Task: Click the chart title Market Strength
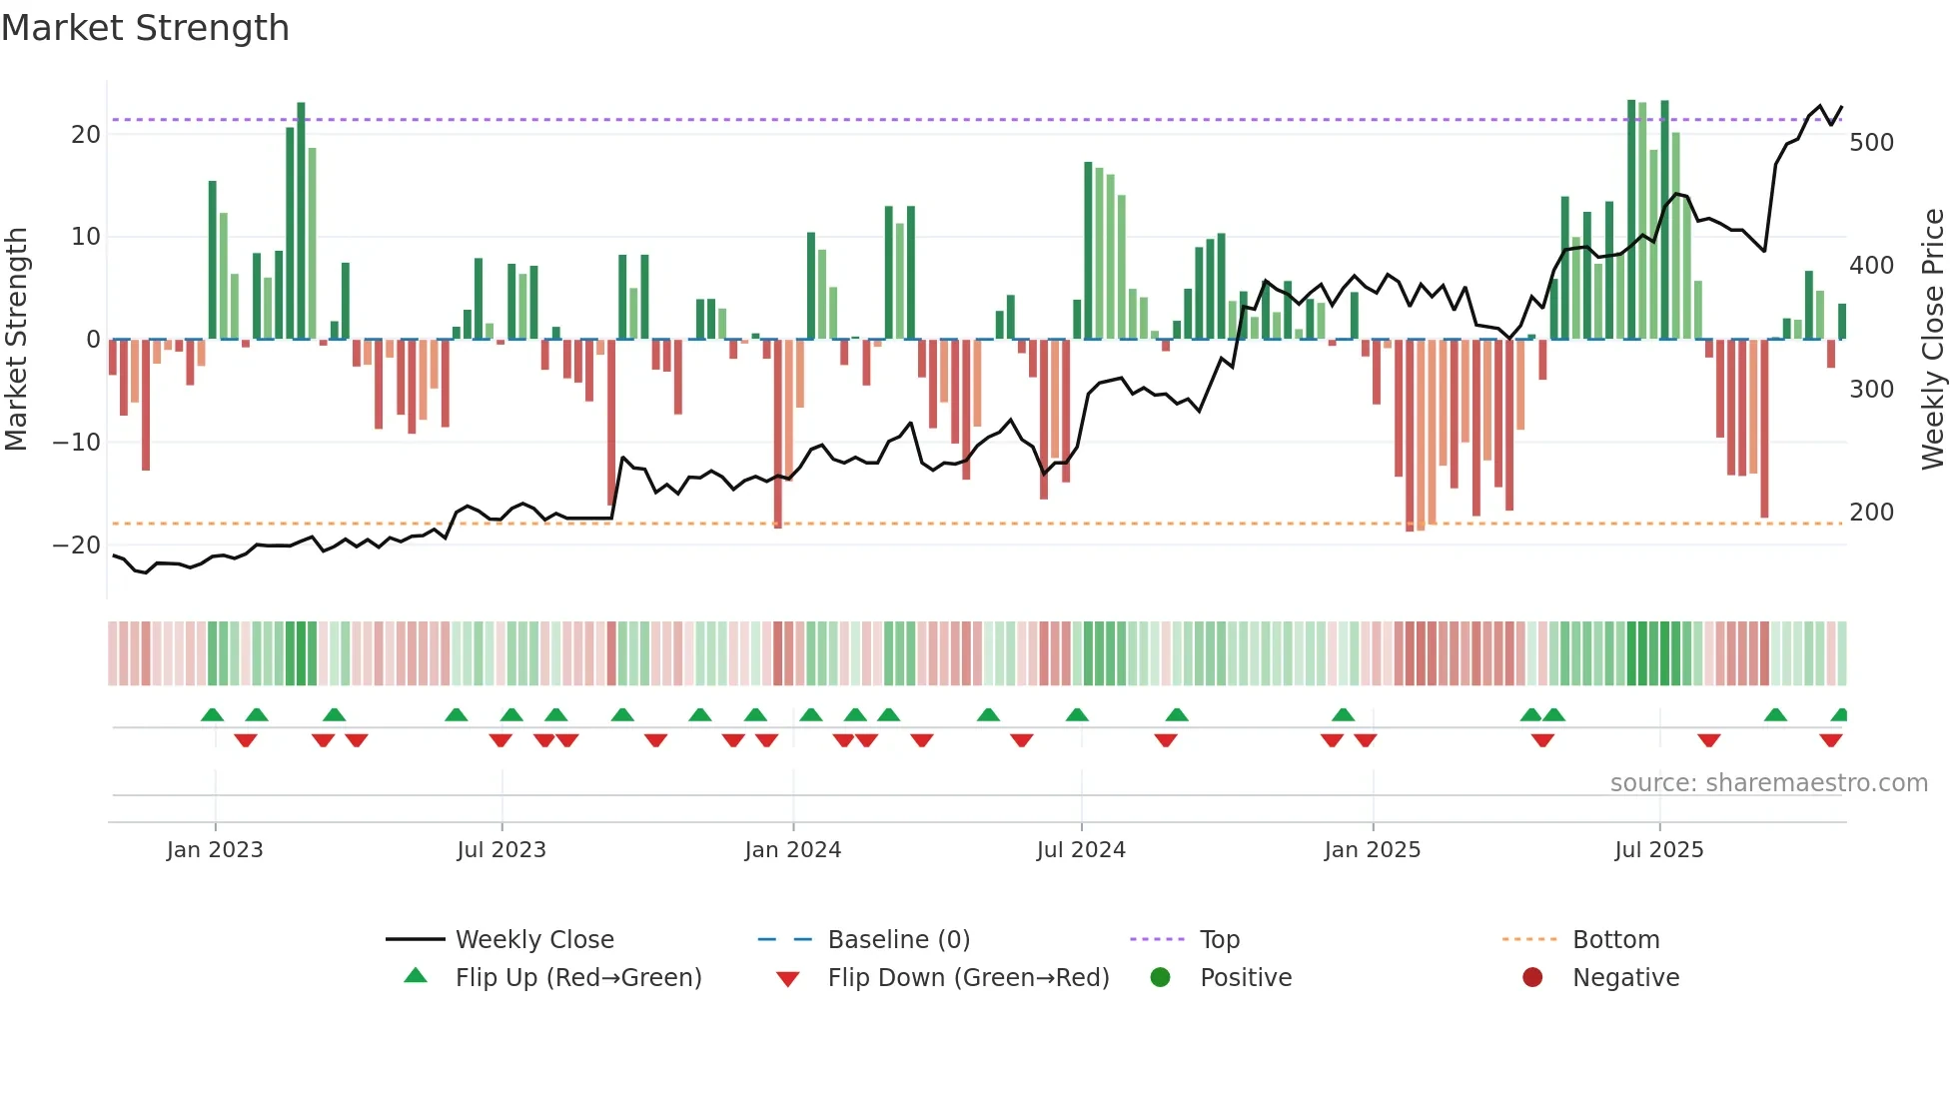pos(145,28)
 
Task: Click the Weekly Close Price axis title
pos(1933,339)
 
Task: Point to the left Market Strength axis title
pos(16,339)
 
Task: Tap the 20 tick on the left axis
pos(86,135)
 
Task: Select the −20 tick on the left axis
pos(77,546)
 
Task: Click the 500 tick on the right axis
pos(1871,143)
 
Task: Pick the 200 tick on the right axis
pos(1871,513)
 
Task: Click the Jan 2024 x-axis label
pos(793,850)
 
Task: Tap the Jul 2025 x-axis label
pos(1659,850)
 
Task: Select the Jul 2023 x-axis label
pos(501,850)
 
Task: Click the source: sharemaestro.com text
pos(1768,783)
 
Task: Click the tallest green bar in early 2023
pos(301,220)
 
